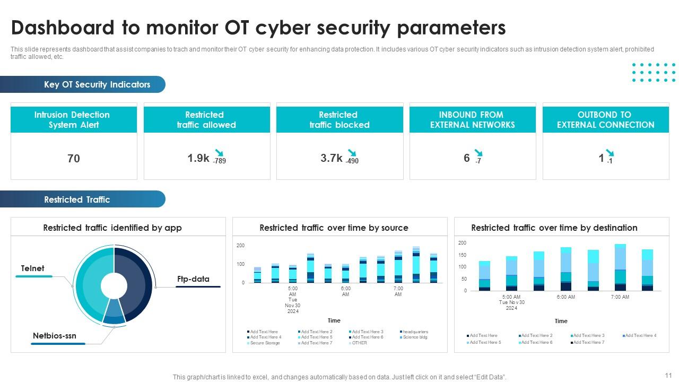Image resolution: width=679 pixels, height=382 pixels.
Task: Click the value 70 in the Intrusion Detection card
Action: pos(74,158)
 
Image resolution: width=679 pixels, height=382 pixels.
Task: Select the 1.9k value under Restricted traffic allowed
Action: pos(198,158)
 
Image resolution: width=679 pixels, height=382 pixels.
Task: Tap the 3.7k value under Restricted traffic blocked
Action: pos(331,158)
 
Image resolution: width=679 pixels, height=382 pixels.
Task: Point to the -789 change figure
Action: pos(219,161)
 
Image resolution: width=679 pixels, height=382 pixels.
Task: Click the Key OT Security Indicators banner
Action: pos(97,84)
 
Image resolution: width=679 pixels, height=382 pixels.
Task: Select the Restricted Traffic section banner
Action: pos(77,199)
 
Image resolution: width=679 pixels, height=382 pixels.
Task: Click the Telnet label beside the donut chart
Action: pos(32,268)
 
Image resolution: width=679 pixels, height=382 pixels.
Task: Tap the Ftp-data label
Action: pos(193,279)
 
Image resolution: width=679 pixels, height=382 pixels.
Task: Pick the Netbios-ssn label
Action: pos(55,336)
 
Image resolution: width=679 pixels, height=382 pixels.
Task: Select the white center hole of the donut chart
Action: pos(114,285)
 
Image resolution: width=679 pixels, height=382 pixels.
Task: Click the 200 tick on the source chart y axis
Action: pos(240,246)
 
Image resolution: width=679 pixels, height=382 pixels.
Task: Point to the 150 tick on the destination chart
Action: pos(462,255)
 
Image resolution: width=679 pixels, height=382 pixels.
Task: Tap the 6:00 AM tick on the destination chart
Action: pos(565,297)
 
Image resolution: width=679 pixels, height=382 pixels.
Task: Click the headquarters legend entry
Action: pos(415,332)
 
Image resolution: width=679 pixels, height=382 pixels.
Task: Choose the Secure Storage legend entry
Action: pos(265,343)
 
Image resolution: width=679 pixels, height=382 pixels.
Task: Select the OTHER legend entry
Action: pos(359,343)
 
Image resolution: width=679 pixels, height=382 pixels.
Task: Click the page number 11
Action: pos(668,374)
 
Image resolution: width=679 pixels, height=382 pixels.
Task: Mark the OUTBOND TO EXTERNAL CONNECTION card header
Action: pos(605,120)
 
